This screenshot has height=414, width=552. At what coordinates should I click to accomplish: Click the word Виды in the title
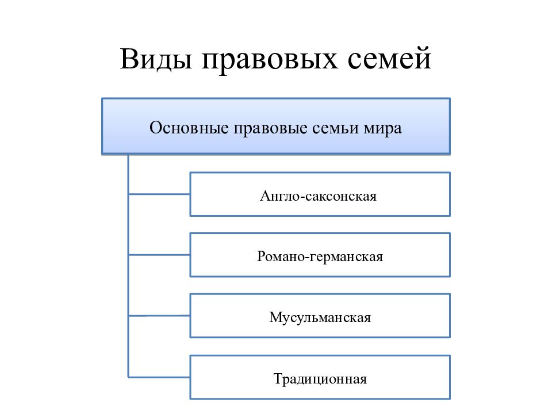[156, 59]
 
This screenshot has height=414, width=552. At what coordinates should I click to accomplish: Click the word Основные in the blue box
[189, 128]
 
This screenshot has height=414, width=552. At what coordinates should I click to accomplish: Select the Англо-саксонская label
[318, 195]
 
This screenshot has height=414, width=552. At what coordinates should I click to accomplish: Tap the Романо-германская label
[320, 256]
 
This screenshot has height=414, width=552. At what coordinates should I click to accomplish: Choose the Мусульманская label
[320, 317]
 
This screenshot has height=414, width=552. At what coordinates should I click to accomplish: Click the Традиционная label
[320, 379]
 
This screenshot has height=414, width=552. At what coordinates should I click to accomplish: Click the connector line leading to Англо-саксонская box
[159, 194]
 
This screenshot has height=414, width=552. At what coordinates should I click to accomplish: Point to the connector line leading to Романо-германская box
[159, 255]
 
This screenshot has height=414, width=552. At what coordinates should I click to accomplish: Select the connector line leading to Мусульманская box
[159, 316]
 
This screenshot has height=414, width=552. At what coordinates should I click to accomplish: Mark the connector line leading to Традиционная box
[159, 377]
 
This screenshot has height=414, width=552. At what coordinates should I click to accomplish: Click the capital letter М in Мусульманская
[276, 317]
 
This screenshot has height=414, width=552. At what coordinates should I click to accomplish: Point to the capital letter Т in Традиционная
[279, 379]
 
